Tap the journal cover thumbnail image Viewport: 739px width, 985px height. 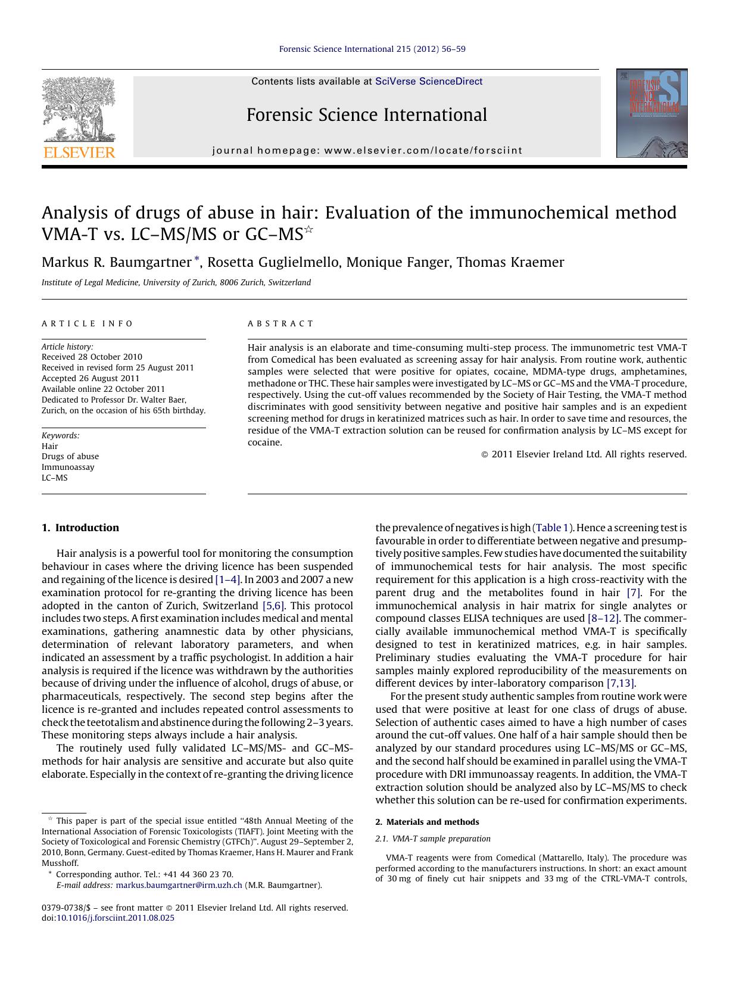[x=651, y=113]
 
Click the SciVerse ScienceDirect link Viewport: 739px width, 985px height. [x=429, y=82]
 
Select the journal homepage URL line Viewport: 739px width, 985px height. [x=367, y=151]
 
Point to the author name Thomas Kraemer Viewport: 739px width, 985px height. [x=510, y=263]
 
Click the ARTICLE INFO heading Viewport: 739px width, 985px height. [x=88, y=323]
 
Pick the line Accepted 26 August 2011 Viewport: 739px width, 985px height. [x=91, y=378]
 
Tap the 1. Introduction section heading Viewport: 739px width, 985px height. [x=80, y=528]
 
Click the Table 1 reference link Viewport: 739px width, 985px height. [x=552, y=528]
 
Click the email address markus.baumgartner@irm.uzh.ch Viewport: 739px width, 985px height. [x=179, y=885]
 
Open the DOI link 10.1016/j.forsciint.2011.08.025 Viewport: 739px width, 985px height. [x=116, y=918]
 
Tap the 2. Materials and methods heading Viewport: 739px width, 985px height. [x=427, y=822]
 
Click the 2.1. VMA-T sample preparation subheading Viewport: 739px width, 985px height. [x=433, y=839]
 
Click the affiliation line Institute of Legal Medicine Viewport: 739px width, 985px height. [x=176, y=283]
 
